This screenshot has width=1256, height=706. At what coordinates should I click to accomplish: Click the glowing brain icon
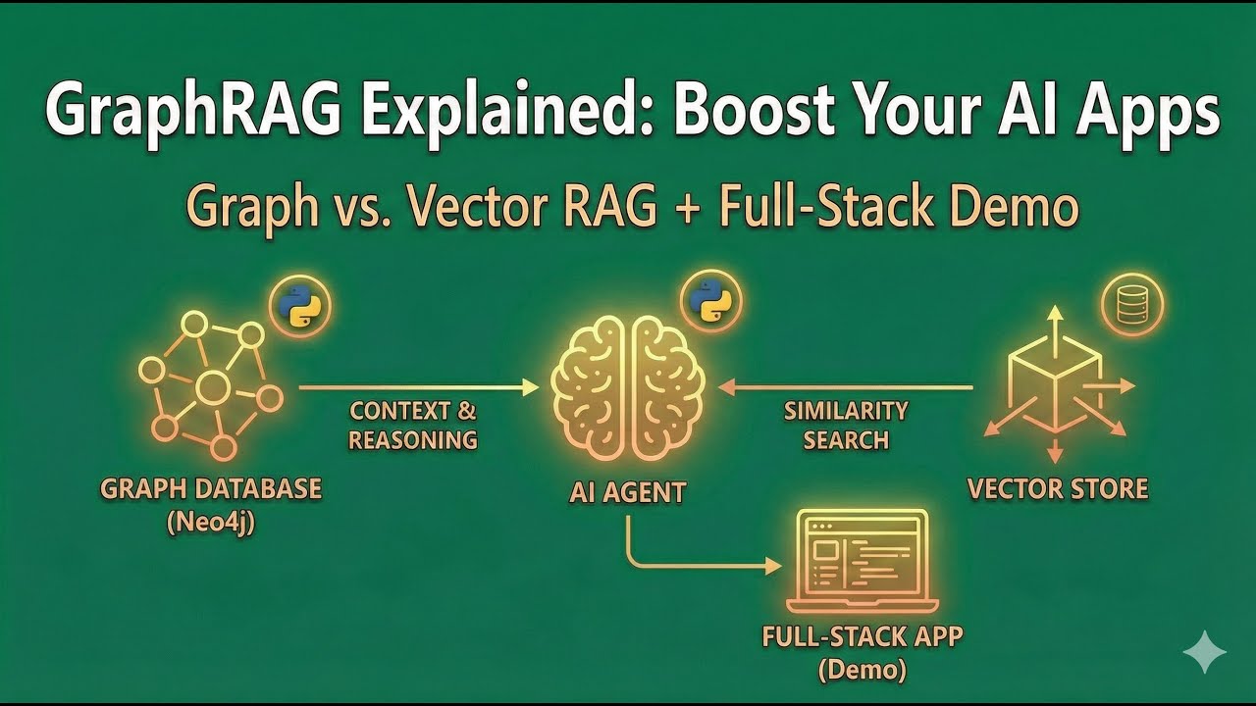[x=628, y=386]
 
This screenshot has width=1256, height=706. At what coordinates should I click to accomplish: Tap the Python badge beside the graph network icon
[x=300, y=306]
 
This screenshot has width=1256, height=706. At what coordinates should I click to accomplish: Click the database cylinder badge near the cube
[x=1131, y=306]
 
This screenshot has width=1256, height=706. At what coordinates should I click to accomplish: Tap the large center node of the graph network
[x=213, y=386]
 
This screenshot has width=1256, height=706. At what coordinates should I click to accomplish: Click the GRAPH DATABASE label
[x=211, y=488]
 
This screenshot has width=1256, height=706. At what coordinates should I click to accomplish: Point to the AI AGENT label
[x=628, y=491]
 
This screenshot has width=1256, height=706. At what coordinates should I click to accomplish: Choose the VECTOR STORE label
[x=1058, y=488]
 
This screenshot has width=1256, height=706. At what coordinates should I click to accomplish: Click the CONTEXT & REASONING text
[x=413, y=425]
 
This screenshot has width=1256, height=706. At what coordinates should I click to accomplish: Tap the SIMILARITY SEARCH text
[x=846, y=425]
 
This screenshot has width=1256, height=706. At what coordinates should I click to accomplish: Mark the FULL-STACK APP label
[x=863, y=635]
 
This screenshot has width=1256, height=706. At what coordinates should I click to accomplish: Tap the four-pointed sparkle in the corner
[x=1204, y=652]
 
